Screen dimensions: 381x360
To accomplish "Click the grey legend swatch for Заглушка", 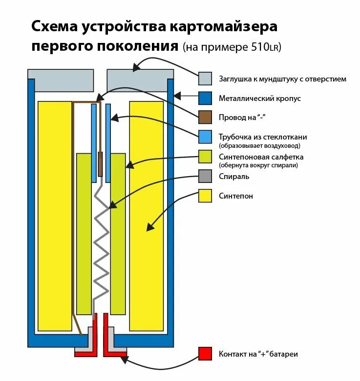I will pyautogui.click(x=205, y=79).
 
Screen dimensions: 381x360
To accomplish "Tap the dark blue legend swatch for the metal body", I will pyautogui.click(x=205, y=98).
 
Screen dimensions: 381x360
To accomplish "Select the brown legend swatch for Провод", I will pyautogui.click(x=205, y=118).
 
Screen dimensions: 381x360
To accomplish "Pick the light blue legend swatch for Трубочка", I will pyautogui.click(x=205, y=137).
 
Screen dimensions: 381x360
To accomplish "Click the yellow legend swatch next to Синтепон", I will pyautogui.click(x=205, y=196).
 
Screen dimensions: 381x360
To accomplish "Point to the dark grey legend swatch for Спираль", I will pyautogui.click(x=205, y=176).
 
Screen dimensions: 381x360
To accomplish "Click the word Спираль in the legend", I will pyautogui.click(x=234, y=177).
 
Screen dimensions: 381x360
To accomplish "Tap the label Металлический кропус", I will pyautogui.click(x=259, y=99).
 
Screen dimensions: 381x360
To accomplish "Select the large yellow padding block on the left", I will pyautogui.click(x=55, y=215).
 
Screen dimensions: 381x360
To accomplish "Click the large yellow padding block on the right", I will pyautogui.click(x=146, y=215).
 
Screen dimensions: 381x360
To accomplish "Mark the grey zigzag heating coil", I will pyautogui.click(x=101, y=244).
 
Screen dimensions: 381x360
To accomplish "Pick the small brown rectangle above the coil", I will pyautogui.click(x=101, y=164).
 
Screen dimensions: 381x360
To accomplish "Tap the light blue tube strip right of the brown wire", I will pyautogui.click(x=108, y=141).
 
